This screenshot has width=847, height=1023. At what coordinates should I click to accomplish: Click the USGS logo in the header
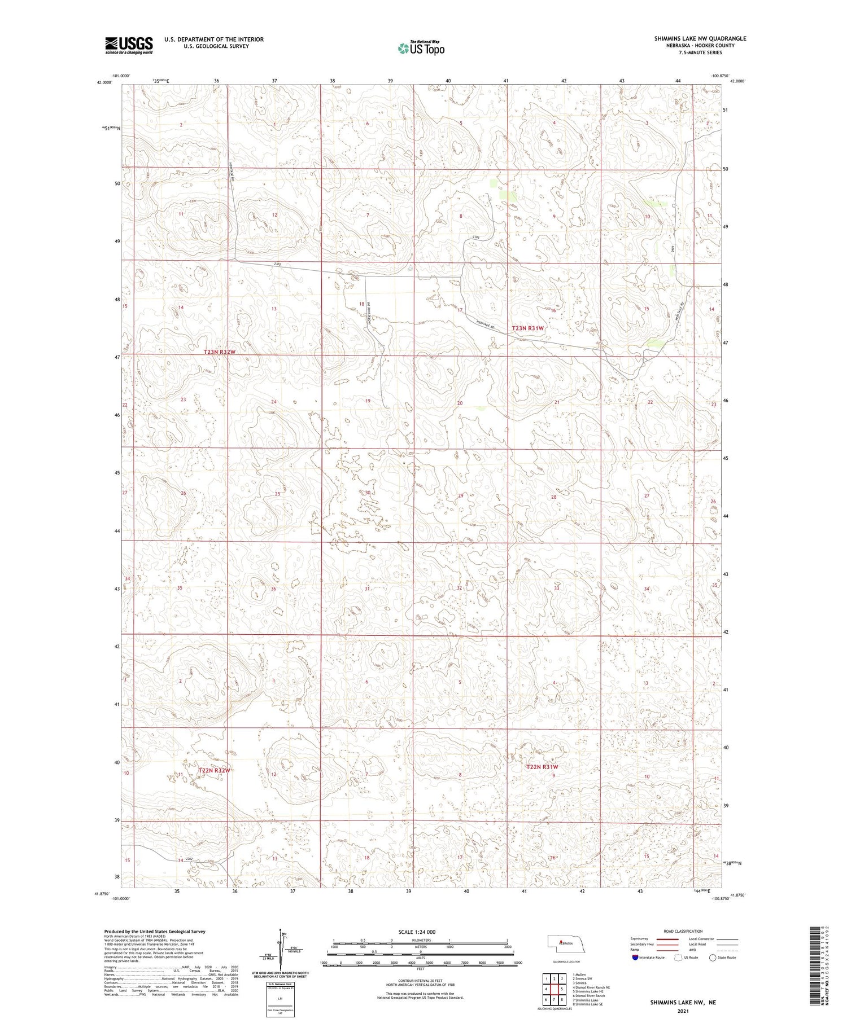129,45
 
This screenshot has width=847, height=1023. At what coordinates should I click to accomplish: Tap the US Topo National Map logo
421,48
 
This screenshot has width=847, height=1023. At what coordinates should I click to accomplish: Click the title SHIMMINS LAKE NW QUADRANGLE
700,38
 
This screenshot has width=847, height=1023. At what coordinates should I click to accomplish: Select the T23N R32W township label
219,352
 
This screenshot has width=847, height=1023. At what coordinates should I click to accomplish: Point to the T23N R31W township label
528,328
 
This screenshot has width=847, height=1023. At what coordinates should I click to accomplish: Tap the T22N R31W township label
542,767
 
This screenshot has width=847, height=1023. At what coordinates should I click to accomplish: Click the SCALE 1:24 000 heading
420,932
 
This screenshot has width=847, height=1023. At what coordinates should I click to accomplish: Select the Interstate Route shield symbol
635,958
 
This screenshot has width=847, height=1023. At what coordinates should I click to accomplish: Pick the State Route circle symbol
713,958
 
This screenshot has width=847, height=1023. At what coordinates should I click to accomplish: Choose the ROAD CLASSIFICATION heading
683,931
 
